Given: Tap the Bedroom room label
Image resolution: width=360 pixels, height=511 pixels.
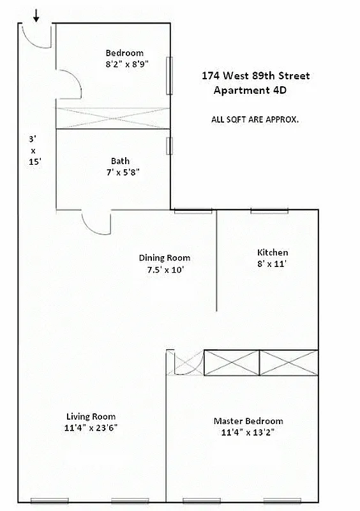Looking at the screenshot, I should coord(124,53).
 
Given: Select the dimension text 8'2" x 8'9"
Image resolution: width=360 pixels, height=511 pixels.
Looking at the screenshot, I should coord(124,65).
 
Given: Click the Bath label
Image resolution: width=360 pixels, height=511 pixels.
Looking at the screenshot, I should coord(120,161).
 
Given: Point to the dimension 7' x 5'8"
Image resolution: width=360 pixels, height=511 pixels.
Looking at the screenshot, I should coord(120,172).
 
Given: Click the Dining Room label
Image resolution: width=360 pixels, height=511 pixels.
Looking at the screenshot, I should coord(165,258).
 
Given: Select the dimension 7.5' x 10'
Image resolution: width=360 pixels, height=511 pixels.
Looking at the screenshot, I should coord(165,270).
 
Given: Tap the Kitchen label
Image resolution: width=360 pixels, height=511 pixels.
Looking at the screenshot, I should coord(273,252).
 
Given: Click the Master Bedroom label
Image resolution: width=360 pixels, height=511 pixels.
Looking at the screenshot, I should coord(248,421).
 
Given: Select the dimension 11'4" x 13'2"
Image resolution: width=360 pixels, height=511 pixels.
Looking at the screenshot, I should coord(248,432).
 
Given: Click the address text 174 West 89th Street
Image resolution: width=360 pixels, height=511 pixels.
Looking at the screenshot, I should coord(255,76).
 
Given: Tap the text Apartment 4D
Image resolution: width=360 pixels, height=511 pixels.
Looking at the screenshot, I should coord(250,90).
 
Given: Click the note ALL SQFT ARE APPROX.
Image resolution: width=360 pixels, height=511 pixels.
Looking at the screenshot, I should coord(255,119).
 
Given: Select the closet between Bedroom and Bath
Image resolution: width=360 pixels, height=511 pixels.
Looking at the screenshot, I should coord(113,118).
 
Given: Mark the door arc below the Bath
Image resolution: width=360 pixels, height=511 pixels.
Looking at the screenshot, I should coord(96,224).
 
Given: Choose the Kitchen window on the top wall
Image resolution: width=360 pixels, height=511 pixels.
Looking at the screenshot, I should coord(269,211).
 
